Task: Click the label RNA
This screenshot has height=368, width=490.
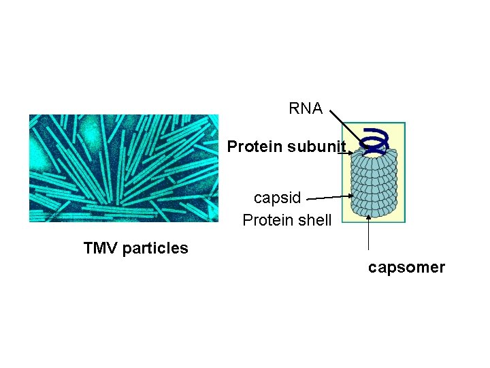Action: [x=306, y=109]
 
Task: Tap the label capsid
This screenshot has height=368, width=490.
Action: [x=277, y=198]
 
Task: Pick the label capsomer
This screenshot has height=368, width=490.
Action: [x=406, y=268]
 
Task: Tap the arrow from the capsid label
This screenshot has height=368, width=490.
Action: [x=327, y=198]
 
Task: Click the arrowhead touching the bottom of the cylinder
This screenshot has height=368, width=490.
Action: [x=368, y=217]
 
